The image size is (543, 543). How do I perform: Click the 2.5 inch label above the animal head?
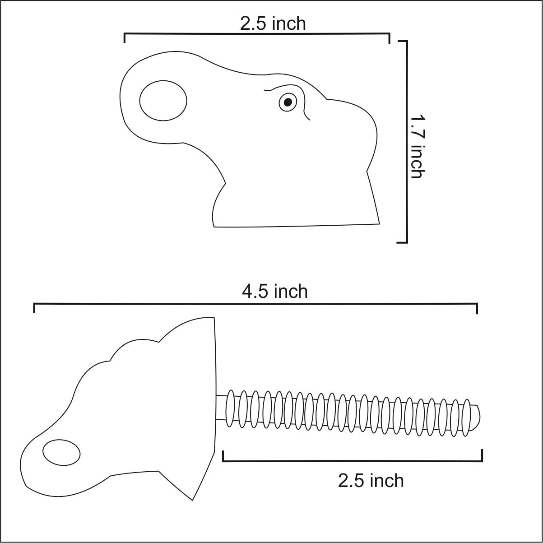273,23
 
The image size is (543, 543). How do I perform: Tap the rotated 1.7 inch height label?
418,146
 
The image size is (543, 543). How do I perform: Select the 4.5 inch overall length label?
275,291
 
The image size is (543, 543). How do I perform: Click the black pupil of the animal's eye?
288,102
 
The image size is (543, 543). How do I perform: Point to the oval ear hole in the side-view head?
163,101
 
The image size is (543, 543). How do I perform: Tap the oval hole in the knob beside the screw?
61,453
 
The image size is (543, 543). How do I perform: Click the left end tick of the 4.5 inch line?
34,308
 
